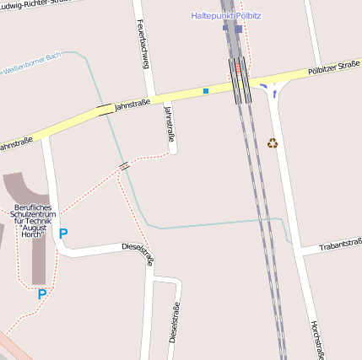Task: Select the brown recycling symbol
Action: point(273,142)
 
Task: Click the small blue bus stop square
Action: point(205,90)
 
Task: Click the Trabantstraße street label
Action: point(341,246)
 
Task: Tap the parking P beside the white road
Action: point(62,233)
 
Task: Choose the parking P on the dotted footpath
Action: point(41,294)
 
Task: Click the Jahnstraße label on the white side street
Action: point(170,122)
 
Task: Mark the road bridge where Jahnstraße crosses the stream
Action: point(105,109)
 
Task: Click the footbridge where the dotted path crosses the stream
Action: point(125,166)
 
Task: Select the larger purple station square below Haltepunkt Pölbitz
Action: point(238,29)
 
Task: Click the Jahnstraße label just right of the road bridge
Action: point(132,103)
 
